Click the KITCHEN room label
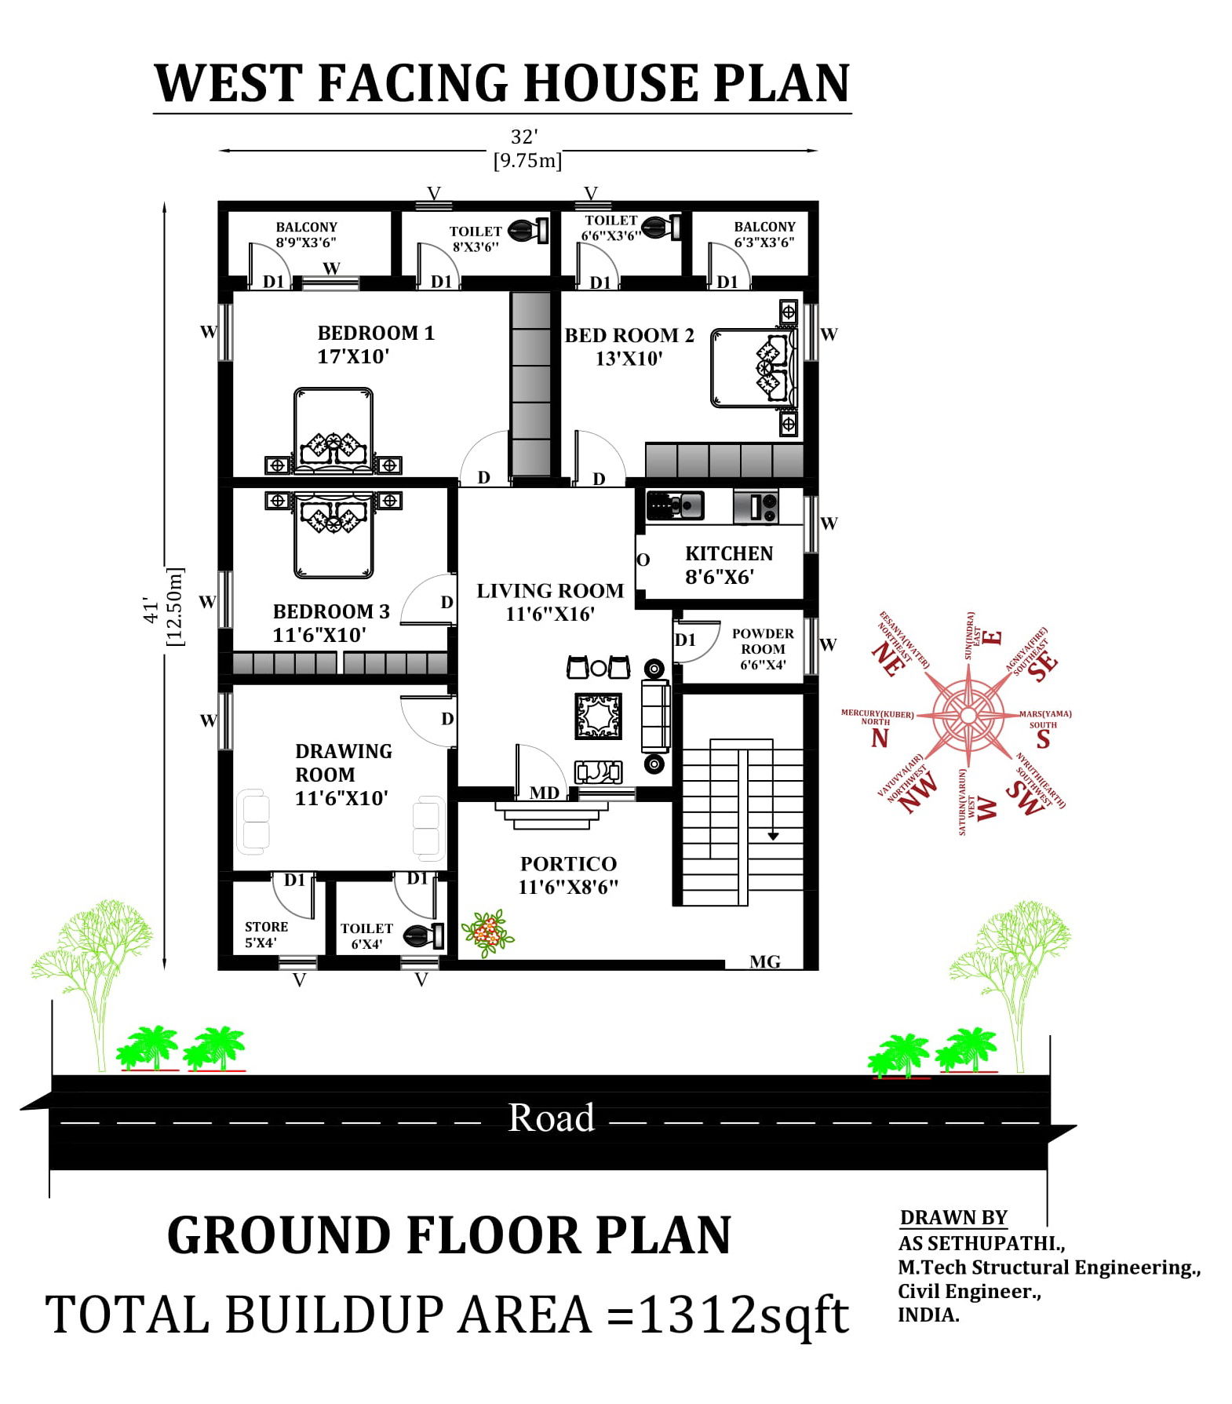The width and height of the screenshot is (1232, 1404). click(728, 554)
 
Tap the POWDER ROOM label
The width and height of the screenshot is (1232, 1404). click(762, 641)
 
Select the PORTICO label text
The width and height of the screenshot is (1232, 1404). click(568, 864)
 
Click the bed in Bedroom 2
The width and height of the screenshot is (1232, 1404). click(753, 368)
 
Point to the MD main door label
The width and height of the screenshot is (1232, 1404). click(544, 793)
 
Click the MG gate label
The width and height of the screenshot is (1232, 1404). click(764, 962)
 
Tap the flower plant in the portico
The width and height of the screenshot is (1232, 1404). click(487, 933)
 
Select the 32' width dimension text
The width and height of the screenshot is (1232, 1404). click(523, 137)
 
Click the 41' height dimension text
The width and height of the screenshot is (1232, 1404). click(151, 609)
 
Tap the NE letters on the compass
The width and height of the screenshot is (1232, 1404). click(888, 658)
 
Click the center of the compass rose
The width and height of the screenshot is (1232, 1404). click(968, 716)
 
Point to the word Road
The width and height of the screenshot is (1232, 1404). click(551, 1118)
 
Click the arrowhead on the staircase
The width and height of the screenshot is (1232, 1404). click(773, 837)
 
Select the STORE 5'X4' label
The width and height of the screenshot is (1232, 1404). click(265, 935)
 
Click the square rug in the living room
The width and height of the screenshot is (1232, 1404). click(598, 716)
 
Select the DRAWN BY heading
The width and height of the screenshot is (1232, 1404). click(953, 1217)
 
